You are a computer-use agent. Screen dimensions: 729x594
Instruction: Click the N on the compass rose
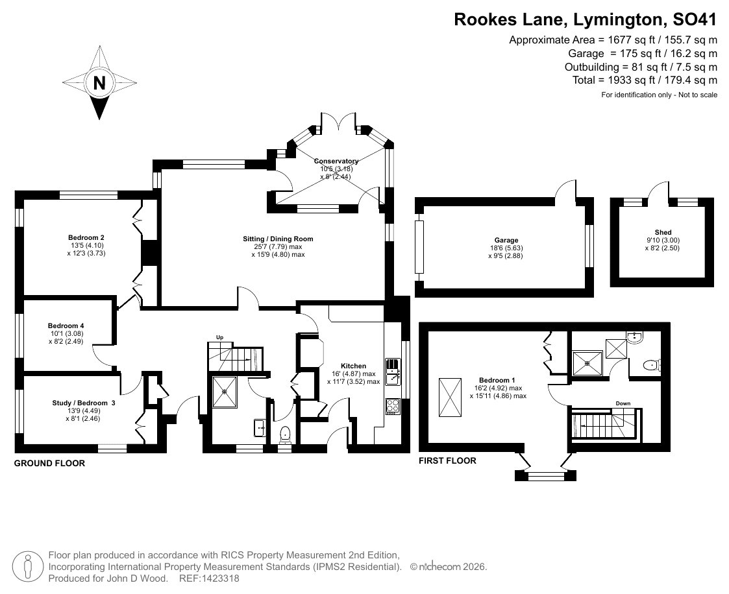pos(99,83)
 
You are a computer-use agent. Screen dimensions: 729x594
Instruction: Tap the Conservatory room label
pos(336,161)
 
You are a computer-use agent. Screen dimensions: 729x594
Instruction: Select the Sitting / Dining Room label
pos(278,239)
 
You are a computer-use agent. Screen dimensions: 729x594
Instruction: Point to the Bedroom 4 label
pos(66,326)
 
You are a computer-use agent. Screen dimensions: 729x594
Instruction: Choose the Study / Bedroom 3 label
pos(84,403)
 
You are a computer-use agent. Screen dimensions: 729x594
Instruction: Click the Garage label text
pos(506,240)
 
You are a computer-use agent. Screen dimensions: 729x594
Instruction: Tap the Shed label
pos(663,232)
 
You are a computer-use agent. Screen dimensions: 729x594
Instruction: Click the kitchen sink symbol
pos(392,372)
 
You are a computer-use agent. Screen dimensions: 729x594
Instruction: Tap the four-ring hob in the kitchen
pos(392,406)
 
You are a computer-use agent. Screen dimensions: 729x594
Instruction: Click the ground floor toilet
pos(284,434)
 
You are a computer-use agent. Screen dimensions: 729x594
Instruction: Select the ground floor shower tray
pos(225,392)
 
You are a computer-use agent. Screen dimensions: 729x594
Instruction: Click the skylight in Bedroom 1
pos(450,398)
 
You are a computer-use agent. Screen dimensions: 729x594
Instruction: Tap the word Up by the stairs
pos(220,337)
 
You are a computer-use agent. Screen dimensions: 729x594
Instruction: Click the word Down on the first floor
pos(623,403)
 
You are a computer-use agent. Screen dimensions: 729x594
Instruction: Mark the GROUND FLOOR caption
pos(49,463)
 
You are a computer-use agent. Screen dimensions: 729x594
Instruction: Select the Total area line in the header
pos(645,80)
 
